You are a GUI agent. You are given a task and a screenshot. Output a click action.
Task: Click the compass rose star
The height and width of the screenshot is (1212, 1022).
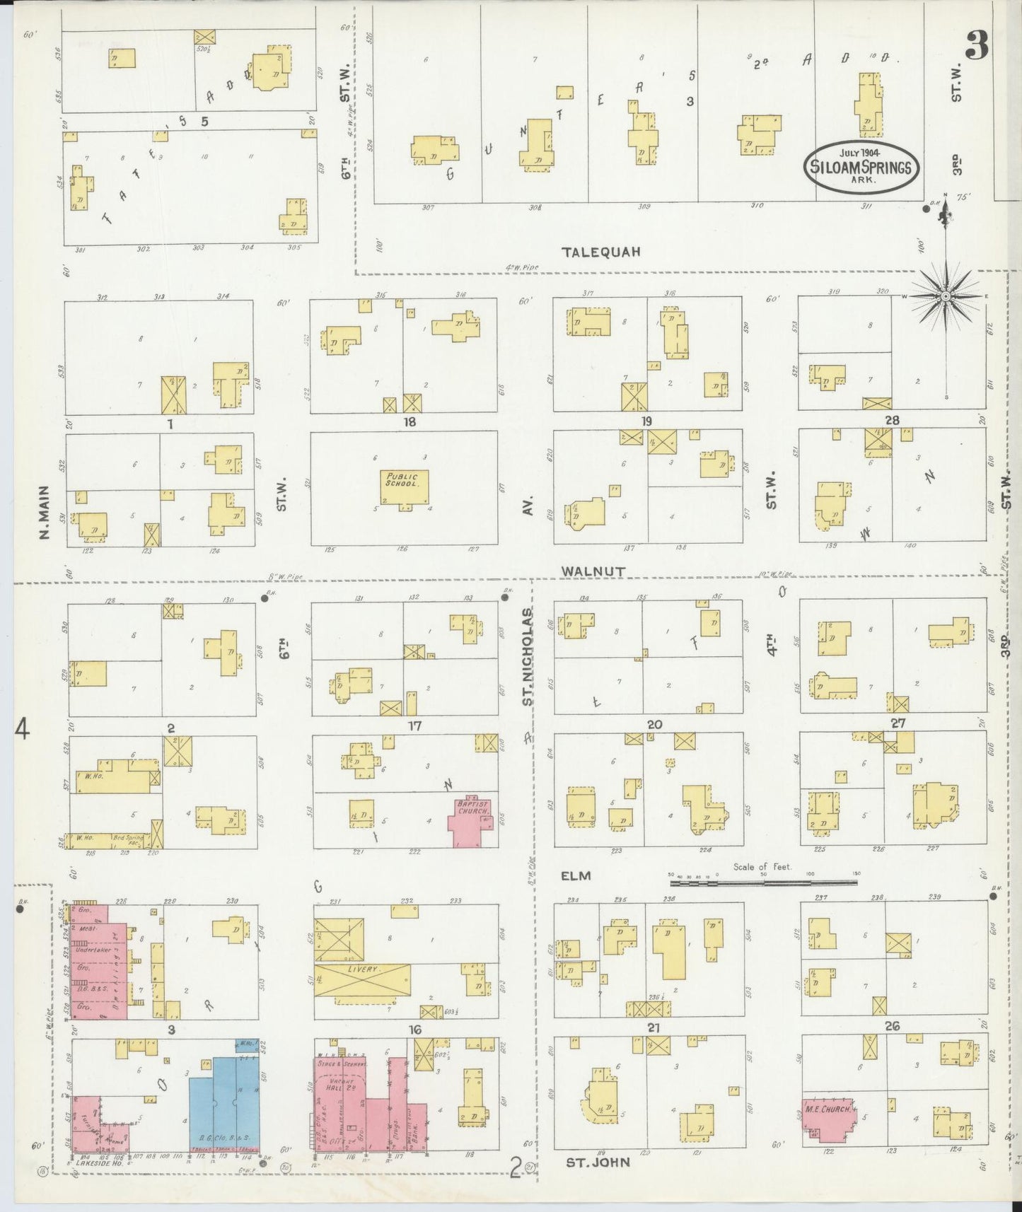click(x=946, y=297)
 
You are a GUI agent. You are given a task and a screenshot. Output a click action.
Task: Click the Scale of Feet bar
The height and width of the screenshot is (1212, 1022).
click(x=764, y=882)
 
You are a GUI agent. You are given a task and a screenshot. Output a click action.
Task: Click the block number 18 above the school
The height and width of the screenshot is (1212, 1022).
click(x=409, y=422)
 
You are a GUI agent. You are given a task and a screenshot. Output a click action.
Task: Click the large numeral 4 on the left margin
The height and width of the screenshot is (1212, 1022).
click(x=23, y=728)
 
